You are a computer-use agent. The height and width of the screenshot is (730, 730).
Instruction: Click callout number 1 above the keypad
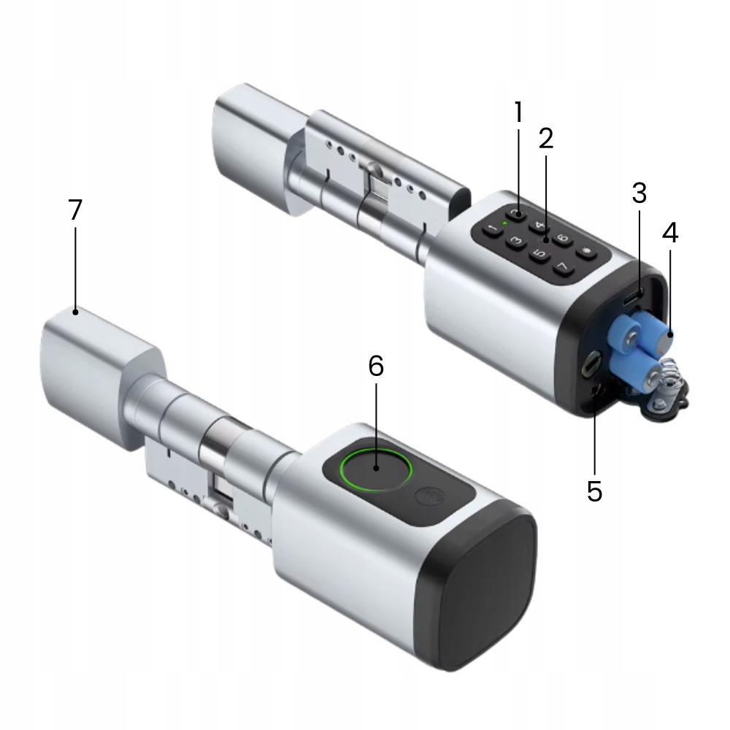(x=518, y=112)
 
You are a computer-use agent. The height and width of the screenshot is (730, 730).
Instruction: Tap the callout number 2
(x=545, y=138)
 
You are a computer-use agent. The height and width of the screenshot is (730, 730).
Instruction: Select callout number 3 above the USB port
(x=639, y=193)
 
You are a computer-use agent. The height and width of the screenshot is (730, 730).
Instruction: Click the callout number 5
(x=594, y=491)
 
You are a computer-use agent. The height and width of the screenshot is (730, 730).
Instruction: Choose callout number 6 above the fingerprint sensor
(x=376, y=366)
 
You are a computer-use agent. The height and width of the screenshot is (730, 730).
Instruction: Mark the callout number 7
(x=75, y=210)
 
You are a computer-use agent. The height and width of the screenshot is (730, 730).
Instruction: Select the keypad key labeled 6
(x=563, y=239)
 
